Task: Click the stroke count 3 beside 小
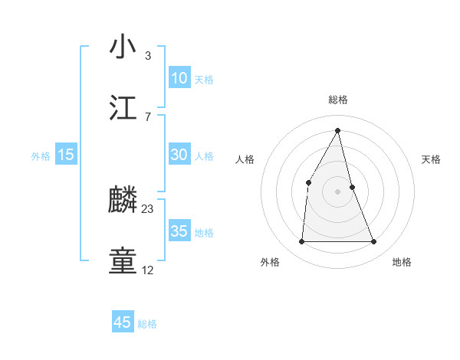[x=148, y=56]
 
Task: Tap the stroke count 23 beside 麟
[x=148, y=209]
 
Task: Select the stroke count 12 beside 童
[x=148, y=270]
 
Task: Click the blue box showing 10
[x=179, y=78]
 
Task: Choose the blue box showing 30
[x=179, y=155]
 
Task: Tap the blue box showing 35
[x=179, y=231]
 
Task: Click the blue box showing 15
[x=66, y=155]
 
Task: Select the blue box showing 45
[x=123, y=322]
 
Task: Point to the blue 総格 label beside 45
[x=147, y=324]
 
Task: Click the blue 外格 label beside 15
[x=41, y=155]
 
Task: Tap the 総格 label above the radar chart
[x=338, y=100]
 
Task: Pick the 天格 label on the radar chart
[x=432, y=159]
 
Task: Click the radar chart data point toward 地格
[x=374, y=242]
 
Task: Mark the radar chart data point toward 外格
[x=301, y=242]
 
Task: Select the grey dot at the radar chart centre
[x=338, y=191]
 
